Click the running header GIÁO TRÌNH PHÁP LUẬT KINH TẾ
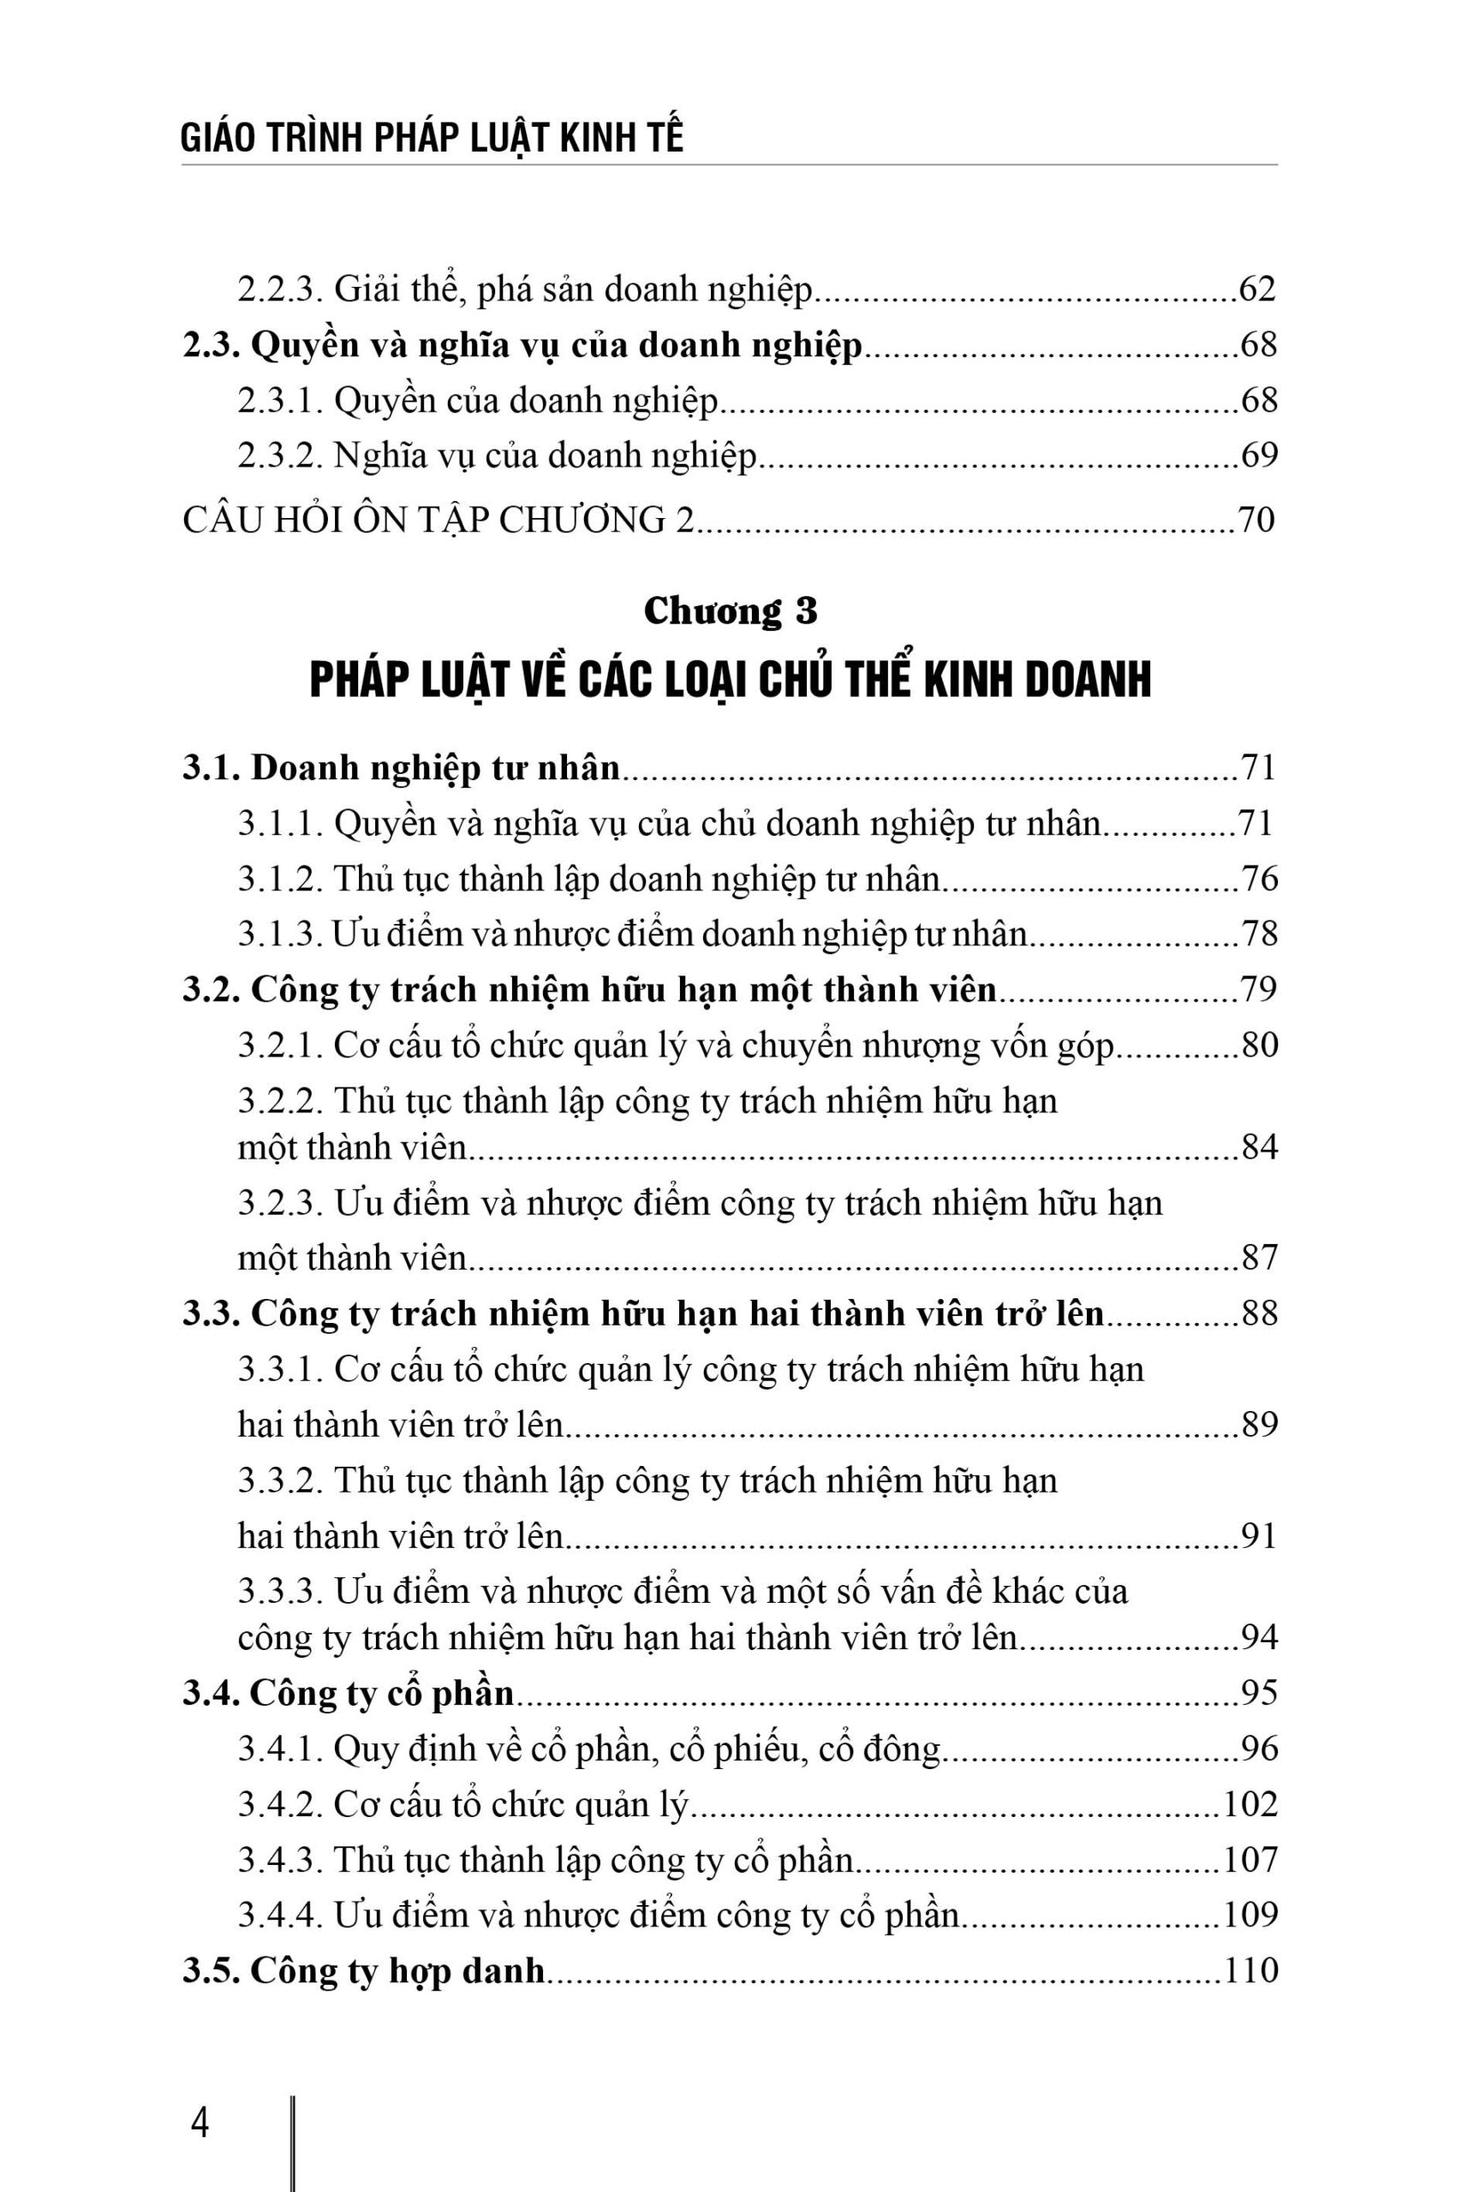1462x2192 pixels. coord(432,138)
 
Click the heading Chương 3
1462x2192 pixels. coord(730,611)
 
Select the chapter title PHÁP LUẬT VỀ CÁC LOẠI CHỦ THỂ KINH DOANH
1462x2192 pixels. coord(730,681)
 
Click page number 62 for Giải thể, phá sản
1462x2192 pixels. coord(1256,290)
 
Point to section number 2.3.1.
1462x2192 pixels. coord(280,401)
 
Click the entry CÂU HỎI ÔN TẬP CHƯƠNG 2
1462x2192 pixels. coord(439,519)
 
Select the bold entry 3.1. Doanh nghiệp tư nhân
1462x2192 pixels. coord(401,767)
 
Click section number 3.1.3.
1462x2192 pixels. coord(280,934)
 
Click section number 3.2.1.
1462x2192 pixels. coord(280,1045)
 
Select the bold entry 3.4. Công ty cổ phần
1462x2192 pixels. coord(349,1693)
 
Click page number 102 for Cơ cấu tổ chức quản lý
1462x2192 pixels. coord(1250,1804)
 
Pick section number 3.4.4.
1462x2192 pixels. coord(280,1915)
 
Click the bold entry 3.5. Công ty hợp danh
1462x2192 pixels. coord(364,1971)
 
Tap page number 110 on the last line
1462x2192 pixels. coord(1250,1971)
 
